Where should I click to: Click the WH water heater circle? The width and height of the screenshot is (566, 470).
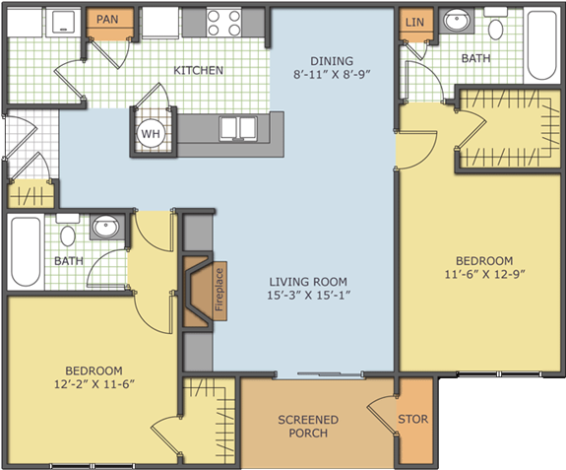151,133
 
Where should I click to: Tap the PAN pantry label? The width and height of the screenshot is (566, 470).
107,19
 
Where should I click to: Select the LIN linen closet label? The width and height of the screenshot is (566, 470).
414,23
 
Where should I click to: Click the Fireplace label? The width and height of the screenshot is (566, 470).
220,290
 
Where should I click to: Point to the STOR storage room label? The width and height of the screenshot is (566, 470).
413,419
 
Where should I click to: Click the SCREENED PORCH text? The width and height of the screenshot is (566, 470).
308,427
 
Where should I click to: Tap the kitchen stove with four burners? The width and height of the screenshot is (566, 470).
223,23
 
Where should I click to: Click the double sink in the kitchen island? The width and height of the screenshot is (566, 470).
238,128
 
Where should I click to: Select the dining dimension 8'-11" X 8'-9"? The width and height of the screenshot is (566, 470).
332,75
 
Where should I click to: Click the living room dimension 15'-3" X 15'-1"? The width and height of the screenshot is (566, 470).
309,296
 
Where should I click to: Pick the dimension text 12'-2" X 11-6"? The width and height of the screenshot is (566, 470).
94,384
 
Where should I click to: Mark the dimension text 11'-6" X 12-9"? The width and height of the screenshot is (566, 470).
484,274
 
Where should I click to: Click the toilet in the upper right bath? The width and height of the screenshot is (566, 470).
496,25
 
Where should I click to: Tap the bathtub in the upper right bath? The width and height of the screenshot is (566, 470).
541,45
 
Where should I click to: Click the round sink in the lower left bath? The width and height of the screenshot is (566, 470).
105,228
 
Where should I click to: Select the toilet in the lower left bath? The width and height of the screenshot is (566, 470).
68,231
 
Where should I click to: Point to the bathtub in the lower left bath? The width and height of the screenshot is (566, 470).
26,251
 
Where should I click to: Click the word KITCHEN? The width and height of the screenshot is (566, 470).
199,70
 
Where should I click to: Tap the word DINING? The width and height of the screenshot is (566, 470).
332,61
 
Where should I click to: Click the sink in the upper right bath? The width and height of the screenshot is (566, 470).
457,20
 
